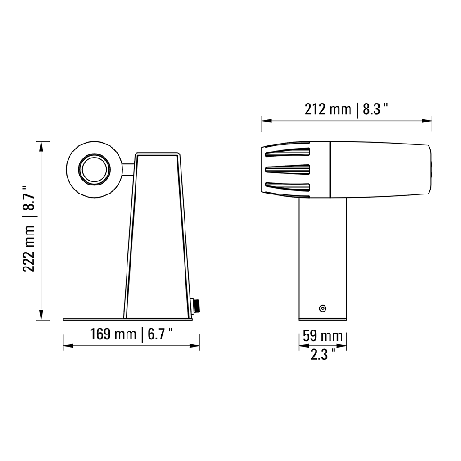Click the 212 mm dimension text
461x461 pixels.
tap(327, 109)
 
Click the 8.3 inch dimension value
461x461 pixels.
tap(375, 109)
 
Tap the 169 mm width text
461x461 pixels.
tap(113, 334)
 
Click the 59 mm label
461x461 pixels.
tap(322, 336)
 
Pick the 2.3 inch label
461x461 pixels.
tap(322, 355)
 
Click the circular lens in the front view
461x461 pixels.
tap(94, 170)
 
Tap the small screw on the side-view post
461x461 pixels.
tap(322, 308)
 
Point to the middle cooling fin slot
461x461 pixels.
tap(288, 169)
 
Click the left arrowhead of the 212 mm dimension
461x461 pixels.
tap(266, 121)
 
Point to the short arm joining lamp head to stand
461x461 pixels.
tap(128, 170)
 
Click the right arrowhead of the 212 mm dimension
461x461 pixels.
tap(428, 121)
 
